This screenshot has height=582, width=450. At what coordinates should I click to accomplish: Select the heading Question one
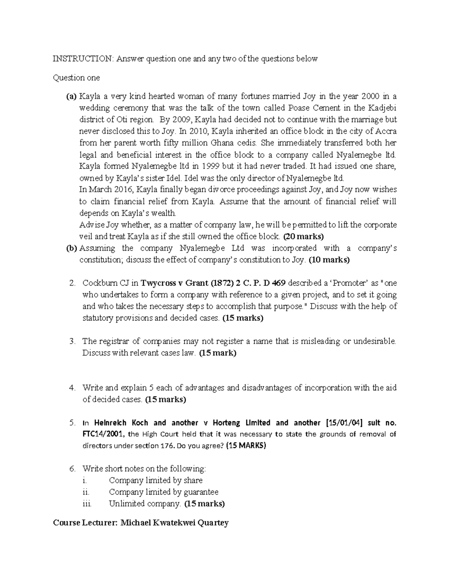76,78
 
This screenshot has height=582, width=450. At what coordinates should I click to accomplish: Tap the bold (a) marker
71,97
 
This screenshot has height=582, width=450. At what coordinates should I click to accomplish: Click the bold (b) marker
71,248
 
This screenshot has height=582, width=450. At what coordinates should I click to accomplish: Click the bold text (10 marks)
329,260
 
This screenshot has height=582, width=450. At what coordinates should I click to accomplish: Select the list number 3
72,341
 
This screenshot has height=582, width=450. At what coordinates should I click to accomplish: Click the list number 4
72,388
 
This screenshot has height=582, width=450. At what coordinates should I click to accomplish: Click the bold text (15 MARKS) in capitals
246,446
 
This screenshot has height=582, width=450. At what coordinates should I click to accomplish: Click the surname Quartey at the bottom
210,523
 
